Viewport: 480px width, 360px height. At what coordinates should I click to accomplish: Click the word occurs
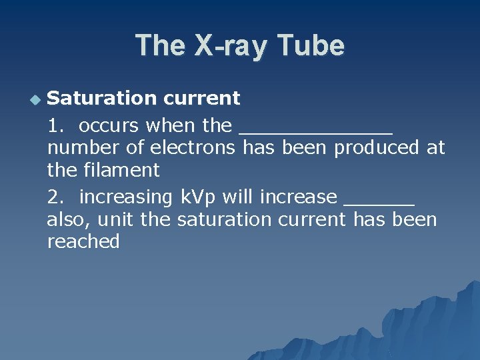tap(109, 126)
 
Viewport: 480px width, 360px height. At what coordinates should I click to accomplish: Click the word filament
tap(122, 170)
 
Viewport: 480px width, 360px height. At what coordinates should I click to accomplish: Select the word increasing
tap(126, 198)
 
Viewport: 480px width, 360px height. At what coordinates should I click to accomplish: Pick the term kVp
tap(199, 198)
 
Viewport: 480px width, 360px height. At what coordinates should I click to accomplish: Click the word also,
tap(66, 219)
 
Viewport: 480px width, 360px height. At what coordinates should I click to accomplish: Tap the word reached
tap(83, 242)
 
